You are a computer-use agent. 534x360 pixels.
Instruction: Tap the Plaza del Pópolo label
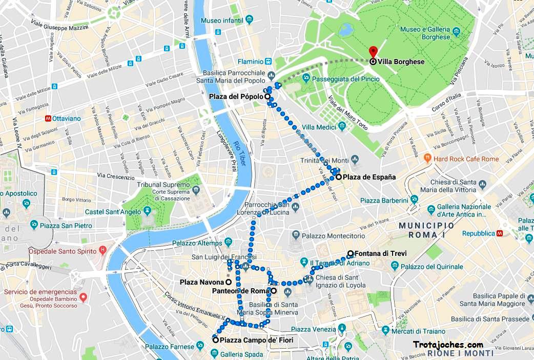pyautogui.click(x=236, y=96)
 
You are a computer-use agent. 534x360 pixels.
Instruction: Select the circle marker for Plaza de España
pyautogui.click(x=339, y=177)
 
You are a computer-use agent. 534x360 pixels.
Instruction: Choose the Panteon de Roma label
pyautogui.click(x=240, y=291)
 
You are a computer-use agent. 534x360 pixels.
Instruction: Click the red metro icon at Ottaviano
pyautogui.click(x=48, y=118)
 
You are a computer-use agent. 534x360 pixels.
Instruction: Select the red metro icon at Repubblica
pyautogui.click(x=500, y=233)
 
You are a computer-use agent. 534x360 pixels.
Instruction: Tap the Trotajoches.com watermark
pyautogui.click(x=447, y=345)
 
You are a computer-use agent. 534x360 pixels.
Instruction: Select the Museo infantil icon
pyautogui.click(x=249, y=21)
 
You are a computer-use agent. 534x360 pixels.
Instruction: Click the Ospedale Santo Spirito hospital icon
pyautogui.click(x=102, y=251)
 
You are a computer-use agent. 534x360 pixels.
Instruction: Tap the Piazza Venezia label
pyautogui.click(x=312, y=329)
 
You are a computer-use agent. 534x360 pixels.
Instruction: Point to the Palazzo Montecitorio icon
pyautogui.click(x=296, y=235)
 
